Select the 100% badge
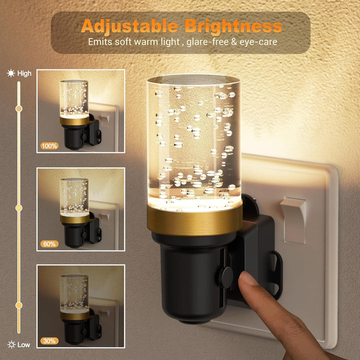(49, 146)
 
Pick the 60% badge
(49, 244)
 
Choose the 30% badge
(49, 341)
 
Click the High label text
(24, 73)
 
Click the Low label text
(24, 344)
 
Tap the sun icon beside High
(11, 73)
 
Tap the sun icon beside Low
(11, 344)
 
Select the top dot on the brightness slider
(19, 108)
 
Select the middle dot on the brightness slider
(19, 208)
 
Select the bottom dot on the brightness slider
(19, 305)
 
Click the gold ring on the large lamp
(194, 222)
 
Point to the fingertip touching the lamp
(247, 279)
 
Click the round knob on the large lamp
(226, 278)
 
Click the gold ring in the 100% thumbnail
(74, 121)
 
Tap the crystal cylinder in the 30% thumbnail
(74, 292)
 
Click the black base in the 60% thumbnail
(74, 236)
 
